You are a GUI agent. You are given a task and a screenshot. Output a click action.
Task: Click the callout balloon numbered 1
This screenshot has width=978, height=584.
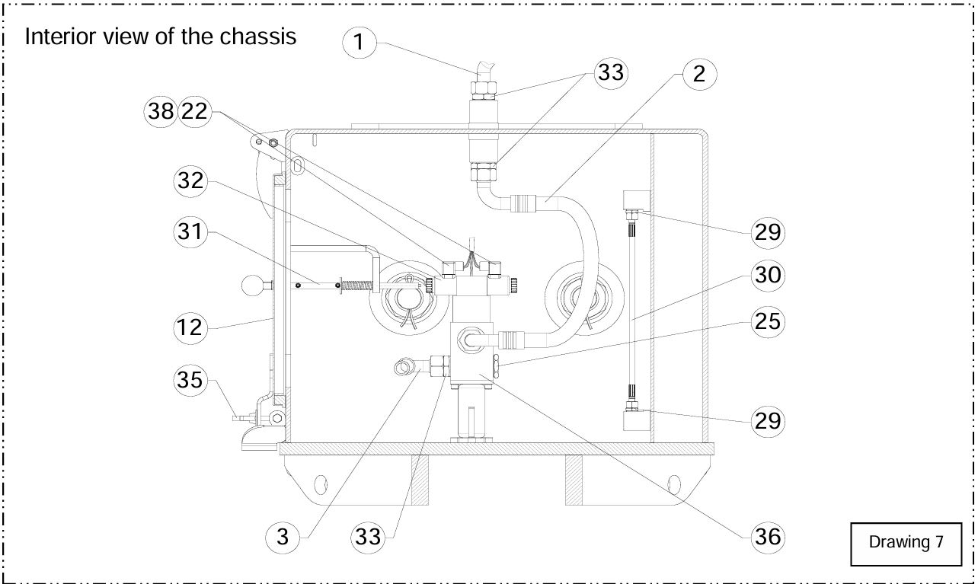pos(359,43)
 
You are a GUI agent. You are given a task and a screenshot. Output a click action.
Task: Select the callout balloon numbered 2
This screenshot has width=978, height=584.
pos(699,74)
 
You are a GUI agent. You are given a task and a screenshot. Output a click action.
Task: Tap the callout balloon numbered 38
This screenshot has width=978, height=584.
pos(161,111)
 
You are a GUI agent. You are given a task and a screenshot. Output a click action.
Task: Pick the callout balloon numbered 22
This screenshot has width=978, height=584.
pos(195,111)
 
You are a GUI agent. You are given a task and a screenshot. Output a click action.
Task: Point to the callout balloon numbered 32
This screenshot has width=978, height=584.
pos(190,180)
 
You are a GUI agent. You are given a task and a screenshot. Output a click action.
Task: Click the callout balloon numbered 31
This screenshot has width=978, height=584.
pos(190,231)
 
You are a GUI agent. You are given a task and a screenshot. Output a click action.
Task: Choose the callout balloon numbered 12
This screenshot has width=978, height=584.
pos(190,327)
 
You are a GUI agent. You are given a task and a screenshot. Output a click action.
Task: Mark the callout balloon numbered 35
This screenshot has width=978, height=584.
pos(190,379)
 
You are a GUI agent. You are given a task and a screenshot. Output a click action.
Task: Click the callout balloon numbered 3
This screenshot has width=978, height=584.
pos(283,537)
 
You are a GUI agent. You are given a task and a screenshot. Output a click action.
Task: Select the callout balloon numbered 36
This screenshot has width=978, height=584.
pos(768,537)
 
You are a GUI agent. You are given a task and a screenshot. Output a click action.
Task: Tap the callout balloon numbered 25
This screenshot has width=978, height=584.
pos(768,321)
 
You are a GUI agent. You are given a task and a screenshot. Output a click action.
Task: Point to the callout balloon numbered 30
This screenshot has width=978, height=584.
pos(768,275)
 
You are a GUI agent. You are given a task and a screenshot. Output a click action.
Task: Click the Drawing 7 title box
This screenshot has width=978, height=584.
pos(906,544)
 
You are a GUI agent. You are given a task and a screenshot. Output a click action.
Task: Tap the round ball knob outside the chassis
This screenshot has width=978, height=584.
pos(253,286)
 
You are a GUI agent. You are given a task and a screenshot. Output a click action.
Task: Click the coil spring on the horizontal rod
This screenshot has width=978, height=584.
pos(358,286)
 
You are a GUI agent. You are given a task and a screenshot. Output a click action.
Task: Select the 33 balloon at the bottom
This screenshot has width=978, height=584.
pos(368,537)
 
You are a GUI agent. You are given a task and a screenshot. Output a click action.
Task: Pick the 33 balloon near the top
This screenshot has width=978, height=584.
pos(611,72)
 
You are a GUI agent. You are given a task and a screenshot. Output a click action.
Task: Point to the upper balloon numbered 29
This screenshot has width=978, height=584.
pos(768,231)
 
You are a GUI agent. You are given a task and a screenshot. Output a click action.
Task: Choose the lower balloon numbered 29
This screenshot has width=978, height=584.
pos(768,421)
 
